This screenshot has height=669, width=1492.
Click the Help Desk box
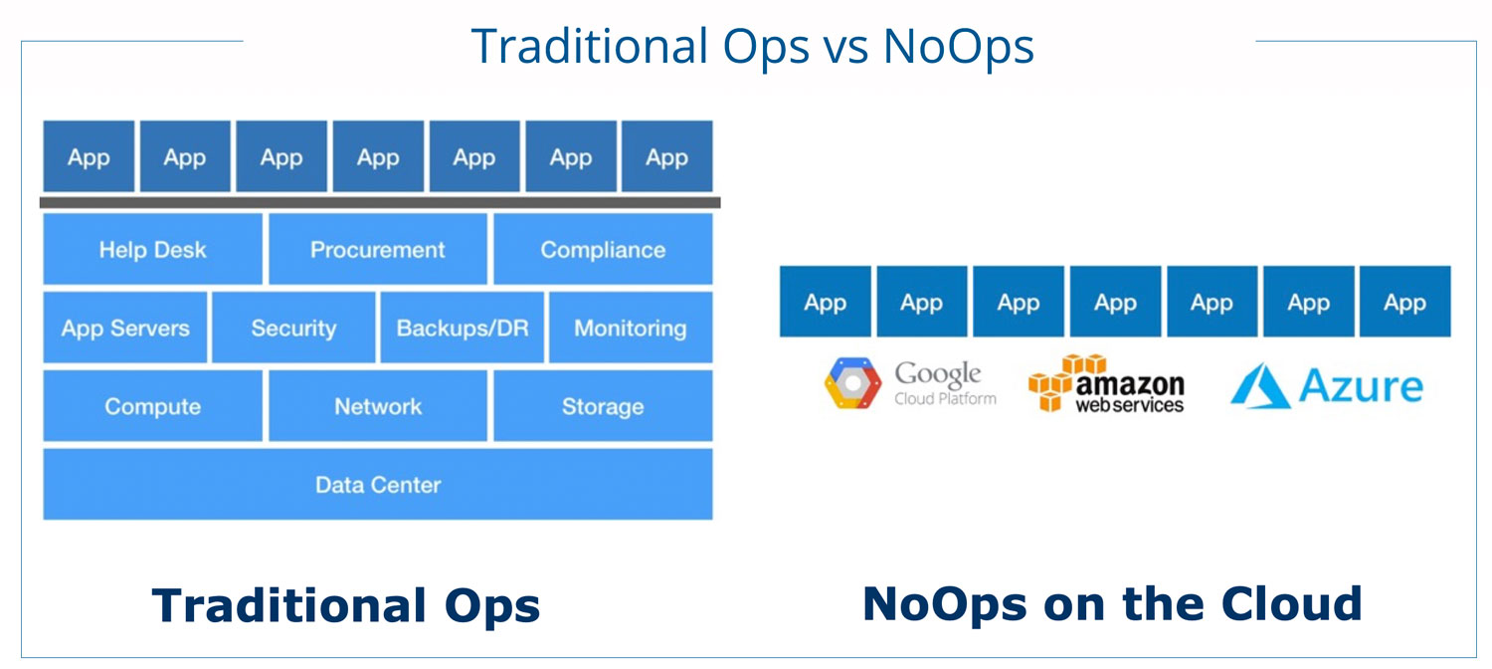[152, 249]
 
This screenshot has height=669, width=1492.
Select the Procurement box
[378, 249]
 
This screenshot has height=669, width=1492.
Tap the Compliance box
[603, 249]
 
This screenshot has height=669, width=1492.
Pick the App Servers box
[125, 328]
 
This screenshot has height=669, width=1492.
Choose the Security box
[293, 328]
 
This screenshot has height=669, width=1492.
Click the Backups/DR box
[463, 328]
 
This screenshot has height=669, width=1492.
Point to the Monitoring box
[631, 328]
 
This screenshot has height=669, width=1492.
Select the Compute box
[152, 406]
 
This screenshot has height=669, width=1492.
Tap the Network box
[378, 406]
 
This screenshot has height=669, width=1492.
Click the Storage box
[603, 406]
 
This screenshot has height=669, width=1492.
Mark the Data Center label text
[378, 485]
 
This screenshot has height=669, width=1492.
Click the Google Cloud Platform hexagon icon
[852, 383]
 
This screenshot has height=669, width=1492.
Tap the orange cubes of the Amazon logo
[1065, 382]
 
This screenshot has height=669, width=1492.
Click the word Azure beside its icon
[1361, 386]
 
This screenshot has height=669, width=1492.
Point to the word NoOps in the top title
[959, 46]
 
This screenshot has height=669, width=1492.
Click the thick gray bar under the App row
[380, 202]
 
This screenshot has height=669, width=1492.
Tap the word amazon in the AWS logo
[1130, 384]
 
